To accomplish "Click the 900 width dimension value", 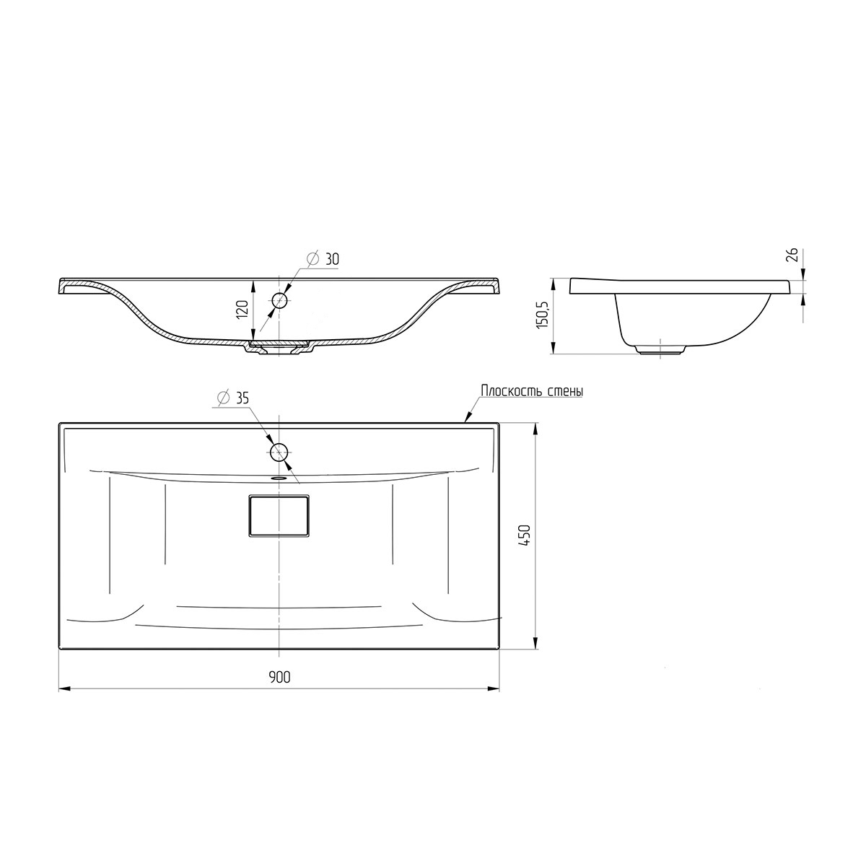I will pos(279,677).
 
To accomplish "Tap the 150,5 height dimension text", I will pos(543,315).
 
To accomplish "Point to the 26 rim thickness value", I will pos(792,254).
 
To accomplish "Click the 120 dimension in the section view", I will pos(242,309).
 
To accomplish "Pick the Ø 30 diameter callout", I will pos(322,258).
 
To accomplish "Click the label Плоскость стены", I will pos(531,390).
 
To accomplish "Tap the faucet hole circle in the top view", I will pos(279,452).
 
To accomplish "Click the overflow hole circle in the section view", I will pos(279,299).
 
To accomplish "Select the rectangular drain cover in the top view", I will pos(279,515).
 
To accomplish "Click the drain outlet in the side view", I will pos(660,350).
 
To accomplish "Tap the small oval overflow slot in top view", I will pos(279,477).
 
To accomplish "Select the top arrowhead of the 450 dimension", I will pos(535,428).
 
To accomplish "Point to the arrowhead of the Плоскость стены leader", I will pos(466,418).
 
